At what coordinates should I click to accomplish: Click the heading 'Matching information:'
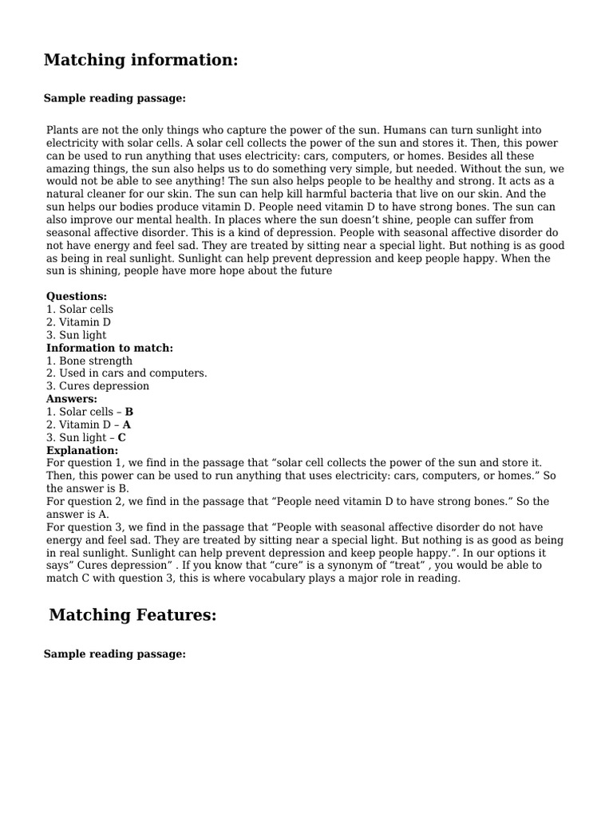[x=140, y=61]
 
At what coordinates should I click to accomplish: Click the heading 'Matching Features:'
[x=132, y=615]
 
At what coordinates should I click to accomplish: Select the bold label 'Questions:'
[x=77, y=296]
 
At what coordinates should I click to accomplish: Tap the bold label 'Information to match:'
[x=109, y=348]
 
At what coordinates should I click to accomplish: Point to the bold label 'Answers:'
[x=72, y=399]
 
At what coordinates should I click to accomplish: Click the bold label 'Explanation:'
[x=82, y=450]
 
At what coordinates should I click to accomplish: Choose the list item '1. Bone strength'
[x=89, y=361]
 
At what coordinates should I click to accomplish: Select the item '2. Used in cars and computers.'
[x=126, y=373]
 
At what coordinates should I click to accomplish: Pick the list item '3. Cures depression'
[x=97, y=386]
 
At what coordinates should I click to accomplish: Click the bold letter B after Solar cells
[x=129, y=412]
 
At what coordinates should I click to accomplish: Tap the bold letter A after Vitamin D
[x=127, y=424]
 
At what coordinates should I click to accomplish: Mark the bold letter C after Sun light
[x=121, y=437]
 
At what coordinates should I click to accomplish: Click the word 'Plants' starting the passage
[x=63, y=129]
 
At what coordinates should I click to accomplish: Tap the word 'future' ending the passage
[x=315, y=271]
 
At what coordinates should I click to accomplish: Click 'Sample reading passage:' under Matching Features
[x=114, y=654]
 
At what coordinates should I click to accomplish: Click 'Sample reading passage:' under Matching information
[x=114, y=98]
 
